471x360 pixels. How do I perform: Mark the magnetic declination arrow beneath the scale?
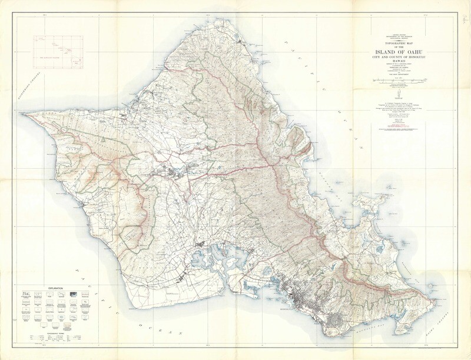[x=401, y=94]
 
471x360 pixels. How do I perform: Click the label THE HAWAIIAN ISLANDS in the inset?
[x=51, y=56]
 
